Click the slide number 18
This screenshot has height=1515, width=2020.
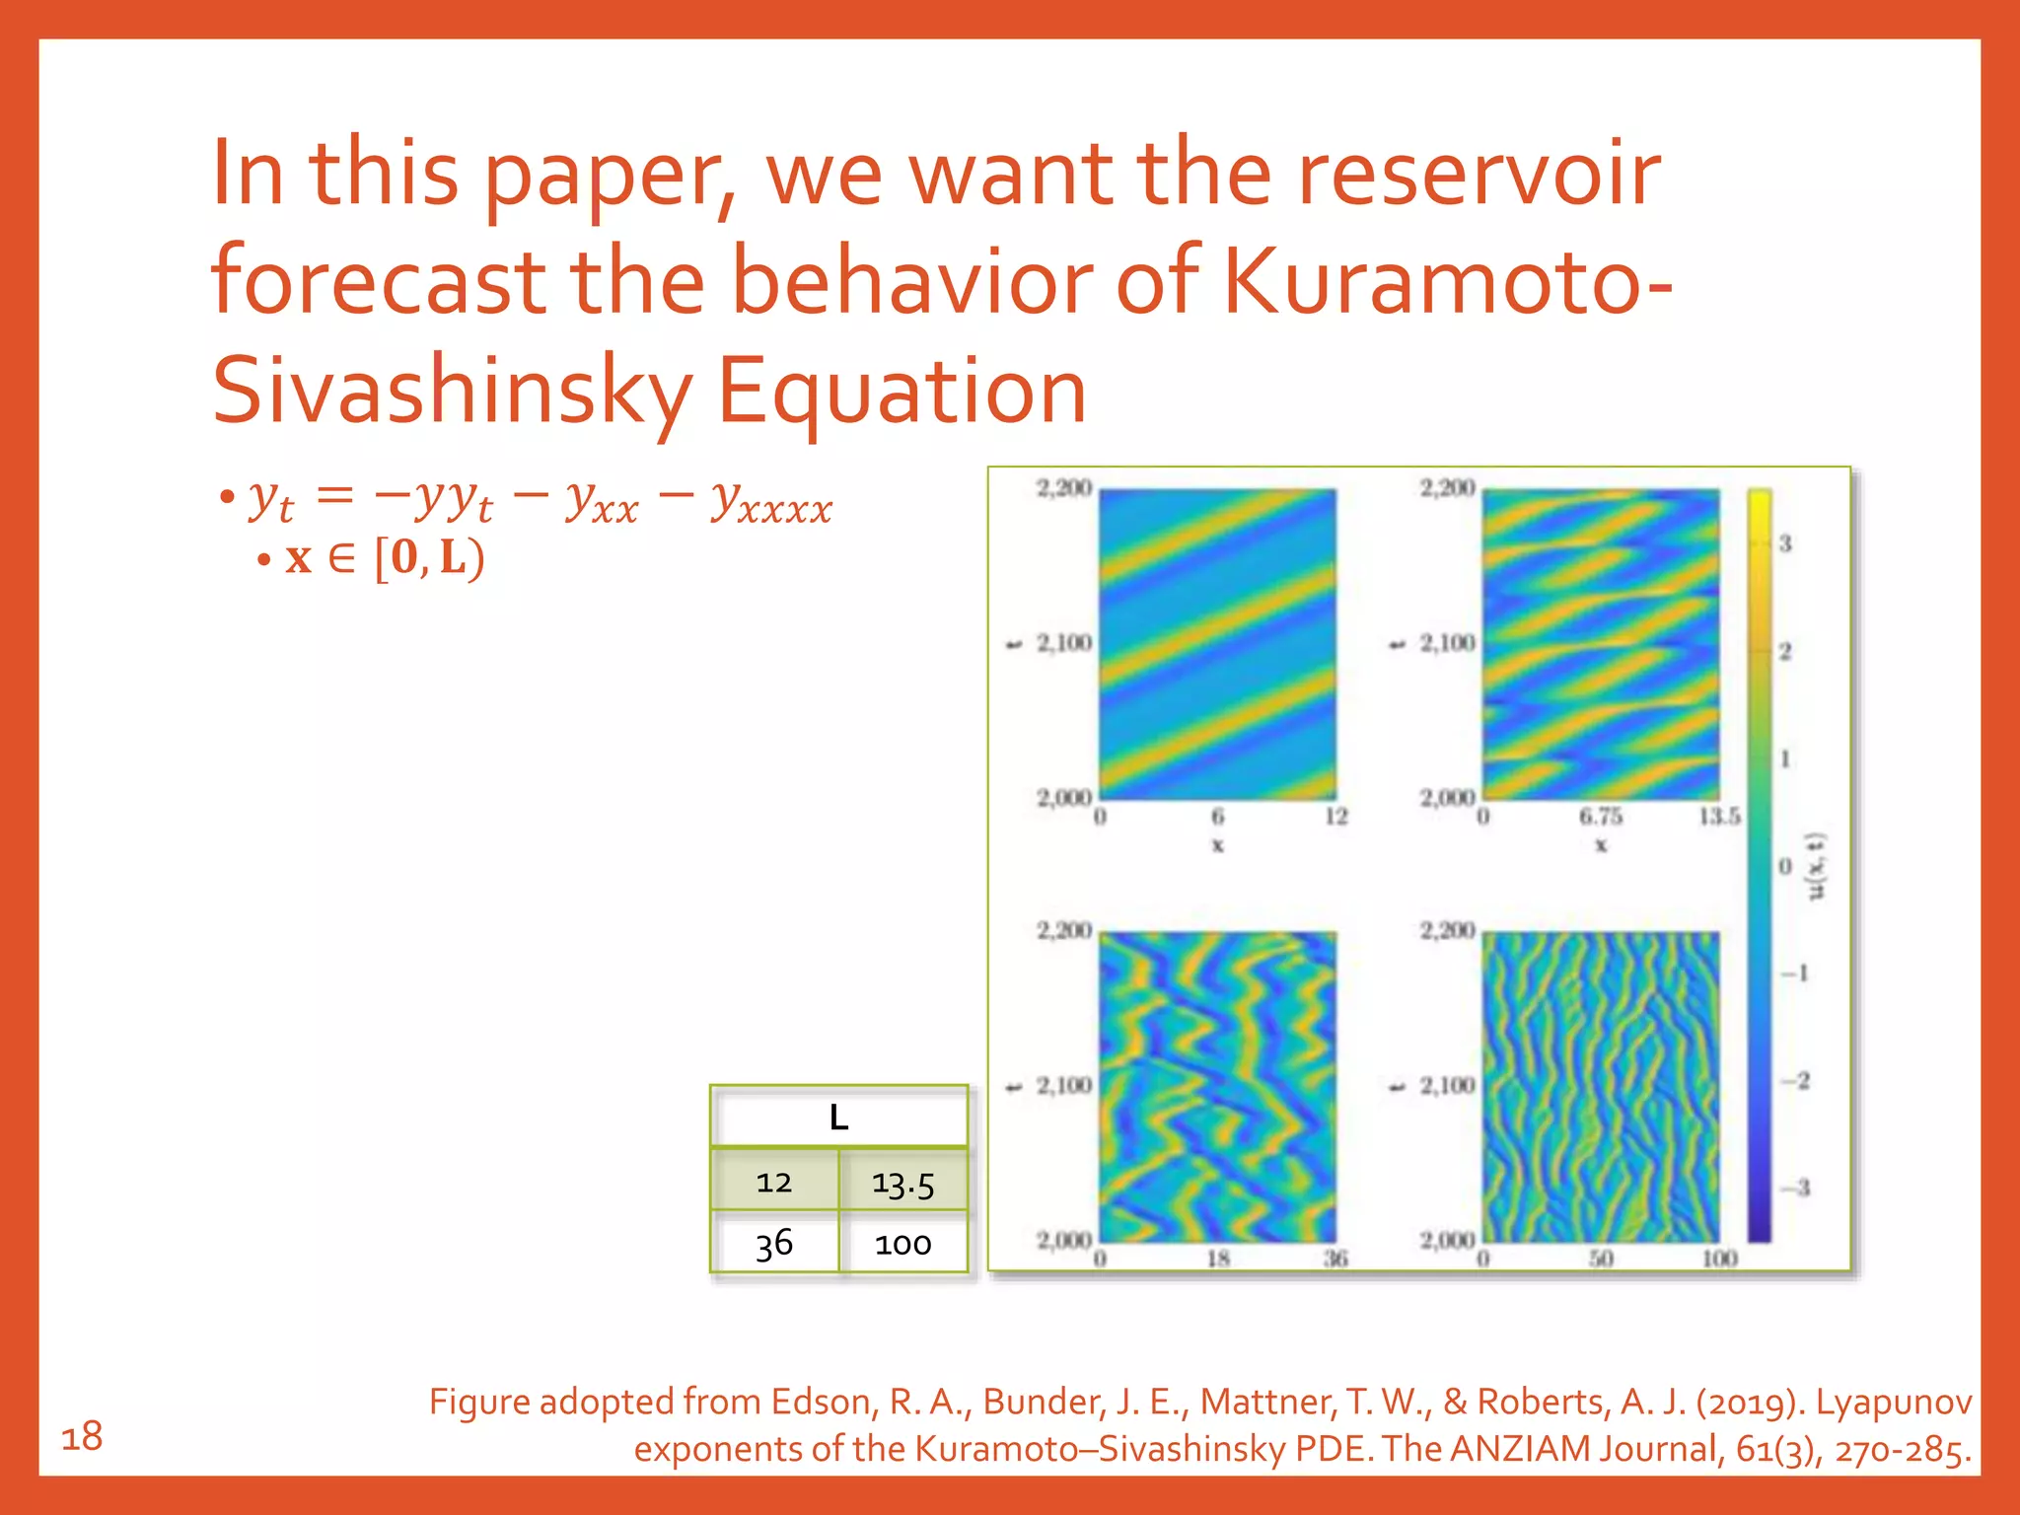pyautogui.click(x=82, y=1436)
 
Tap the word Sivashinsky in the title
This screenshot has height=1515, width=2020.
pyautogui.click(x=452, y=392)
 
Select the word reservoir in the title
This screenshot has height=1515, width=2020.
pyautogui.click(x=1479, y=174)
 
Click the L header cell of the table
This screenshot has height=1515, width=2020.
pyautogui.click(x=838, y=1118)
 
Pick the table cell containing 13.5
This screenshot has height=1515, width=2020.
pyautogui.click(x=902, y=1182)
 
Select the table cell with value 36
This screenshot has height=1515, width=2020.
pyautogui.click(x=774, y=1243)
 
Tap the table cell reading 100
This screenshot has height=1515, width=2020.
pyautogui.click(x=902, y=1243)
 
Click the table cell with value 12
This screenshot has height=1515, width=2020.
pyautogui.click(x=774, y=1182)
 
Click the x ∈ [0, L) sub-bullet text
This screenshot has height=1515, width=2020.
pyautogui.click(x=385, y=558)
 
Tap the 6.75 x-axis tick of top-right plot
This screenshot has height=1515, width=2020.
pyautogui.click(x=1600, y=817)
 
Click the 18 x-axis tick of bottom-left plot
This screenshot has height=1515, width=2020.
pyautogui.click(x=1218, y=1259)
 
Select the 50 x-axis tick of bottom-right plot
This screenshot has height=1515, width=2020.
pyautogui.click(x=1600, y=1259)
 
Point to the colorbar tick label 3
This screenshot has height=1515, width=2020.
pyautogui.click(x=1784, y=543)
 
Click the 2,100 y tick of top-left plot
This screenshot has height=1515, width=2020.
pyautogui.click(x=1063, y=643)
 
